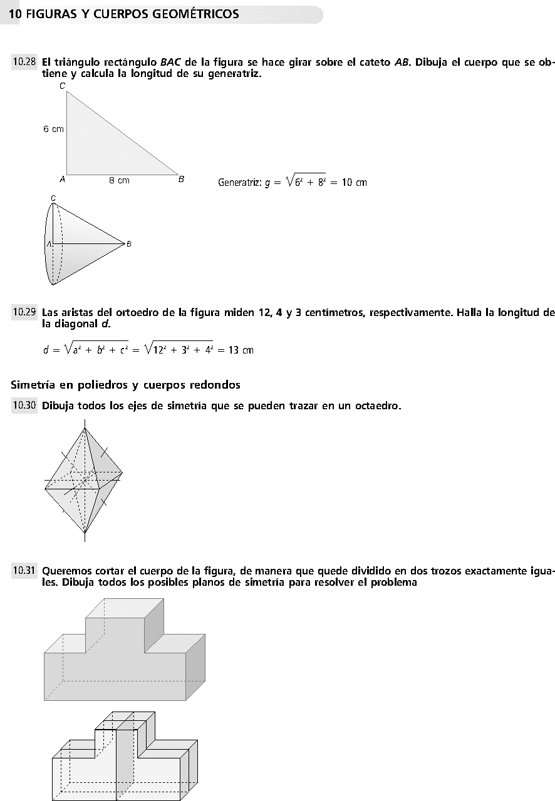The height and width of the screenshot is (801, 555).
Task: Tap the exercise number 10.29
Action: (24, 311)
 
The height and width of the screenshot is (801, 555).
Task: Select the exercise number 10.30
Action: (24, 406)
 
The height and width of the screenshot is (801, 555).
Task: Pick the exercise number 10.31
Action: (24, 570)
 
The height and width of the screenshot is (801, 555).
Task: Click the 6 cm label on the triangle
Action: (53, 129)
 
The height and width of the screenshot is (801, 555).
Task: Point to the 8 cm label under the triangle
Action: (119, 180)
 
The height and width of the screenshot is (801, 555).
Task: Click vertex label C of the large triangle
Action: (63, 86)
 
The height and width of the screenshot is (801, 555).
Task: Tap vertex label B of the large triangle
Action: (181, 180)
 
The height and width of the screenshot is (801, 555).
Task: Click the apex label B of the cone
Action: (129, 244)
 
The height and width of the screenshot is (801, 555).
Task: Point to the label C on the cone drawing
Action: (53, 198)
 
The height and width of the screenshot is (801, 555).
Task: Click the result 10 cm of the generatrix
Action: (354, 183)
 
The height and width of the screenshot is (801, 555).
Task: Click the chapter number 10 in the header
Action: (16, 14)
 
